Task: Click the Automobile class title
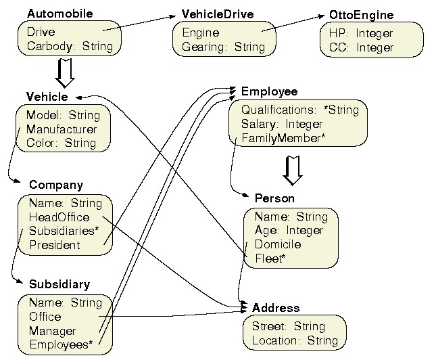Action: (x=59, y=14)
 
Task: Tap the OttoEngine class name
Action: (x=361, y=15)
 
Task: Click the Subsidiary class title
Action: (x=59, y=284)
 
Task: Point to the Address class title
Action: (x=276, y=308)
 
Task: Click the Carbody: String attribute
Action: (x=70, y=47)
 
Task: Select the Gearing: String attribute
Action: (x=223, y=47)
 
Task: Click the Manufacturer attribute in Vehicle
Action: (x=62, y=129)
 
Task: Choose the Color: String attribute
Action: (x=62, y=143)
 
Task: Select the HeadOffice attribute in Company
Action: (x=59, y=217)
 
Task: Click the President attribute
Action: (x=54, y=245)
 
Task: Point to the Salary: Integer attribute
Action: (x=281, y=124)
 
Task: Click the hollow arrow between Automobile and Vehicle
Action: (x=65, y=73)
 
